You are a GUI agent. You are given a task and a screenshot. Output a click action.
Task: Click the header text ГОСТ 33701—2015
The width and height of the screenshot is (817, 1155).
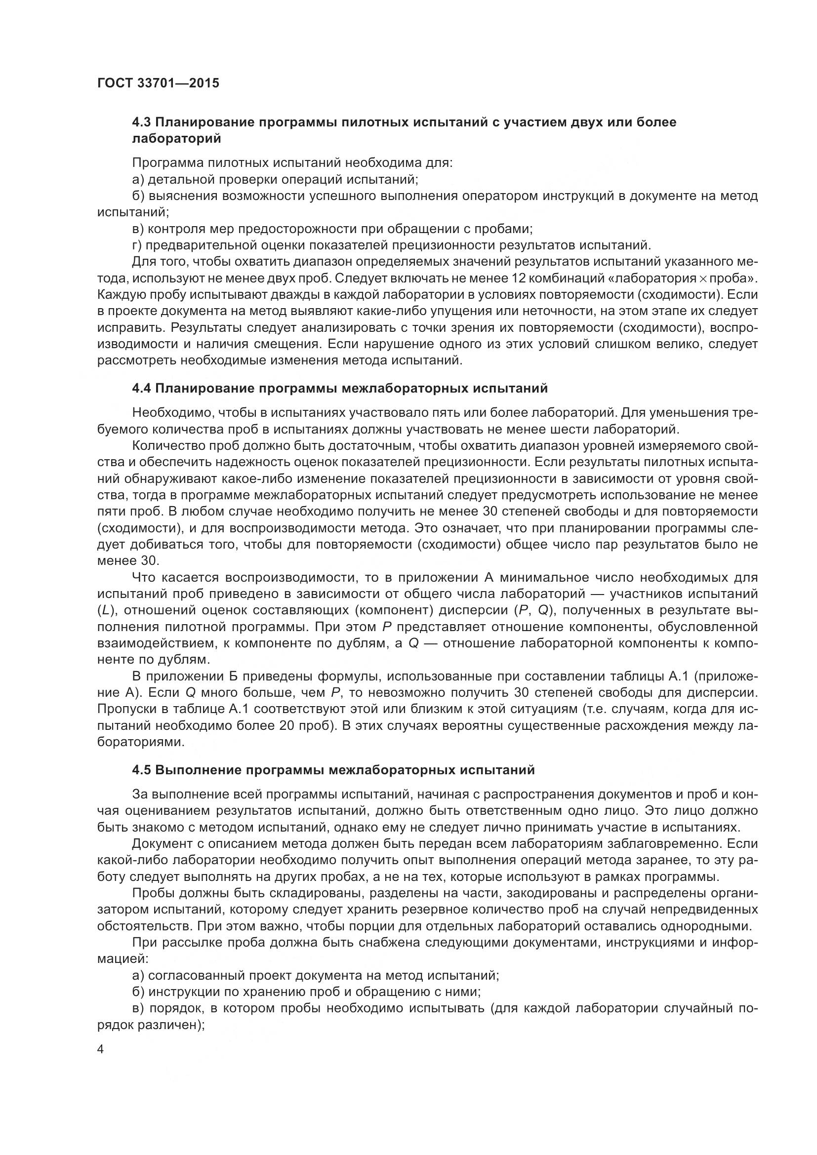pos(158,83)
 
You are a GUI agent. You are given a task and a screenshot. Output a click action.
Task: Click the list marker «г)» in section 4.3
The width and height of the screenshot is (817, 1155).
pos(137,245)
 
